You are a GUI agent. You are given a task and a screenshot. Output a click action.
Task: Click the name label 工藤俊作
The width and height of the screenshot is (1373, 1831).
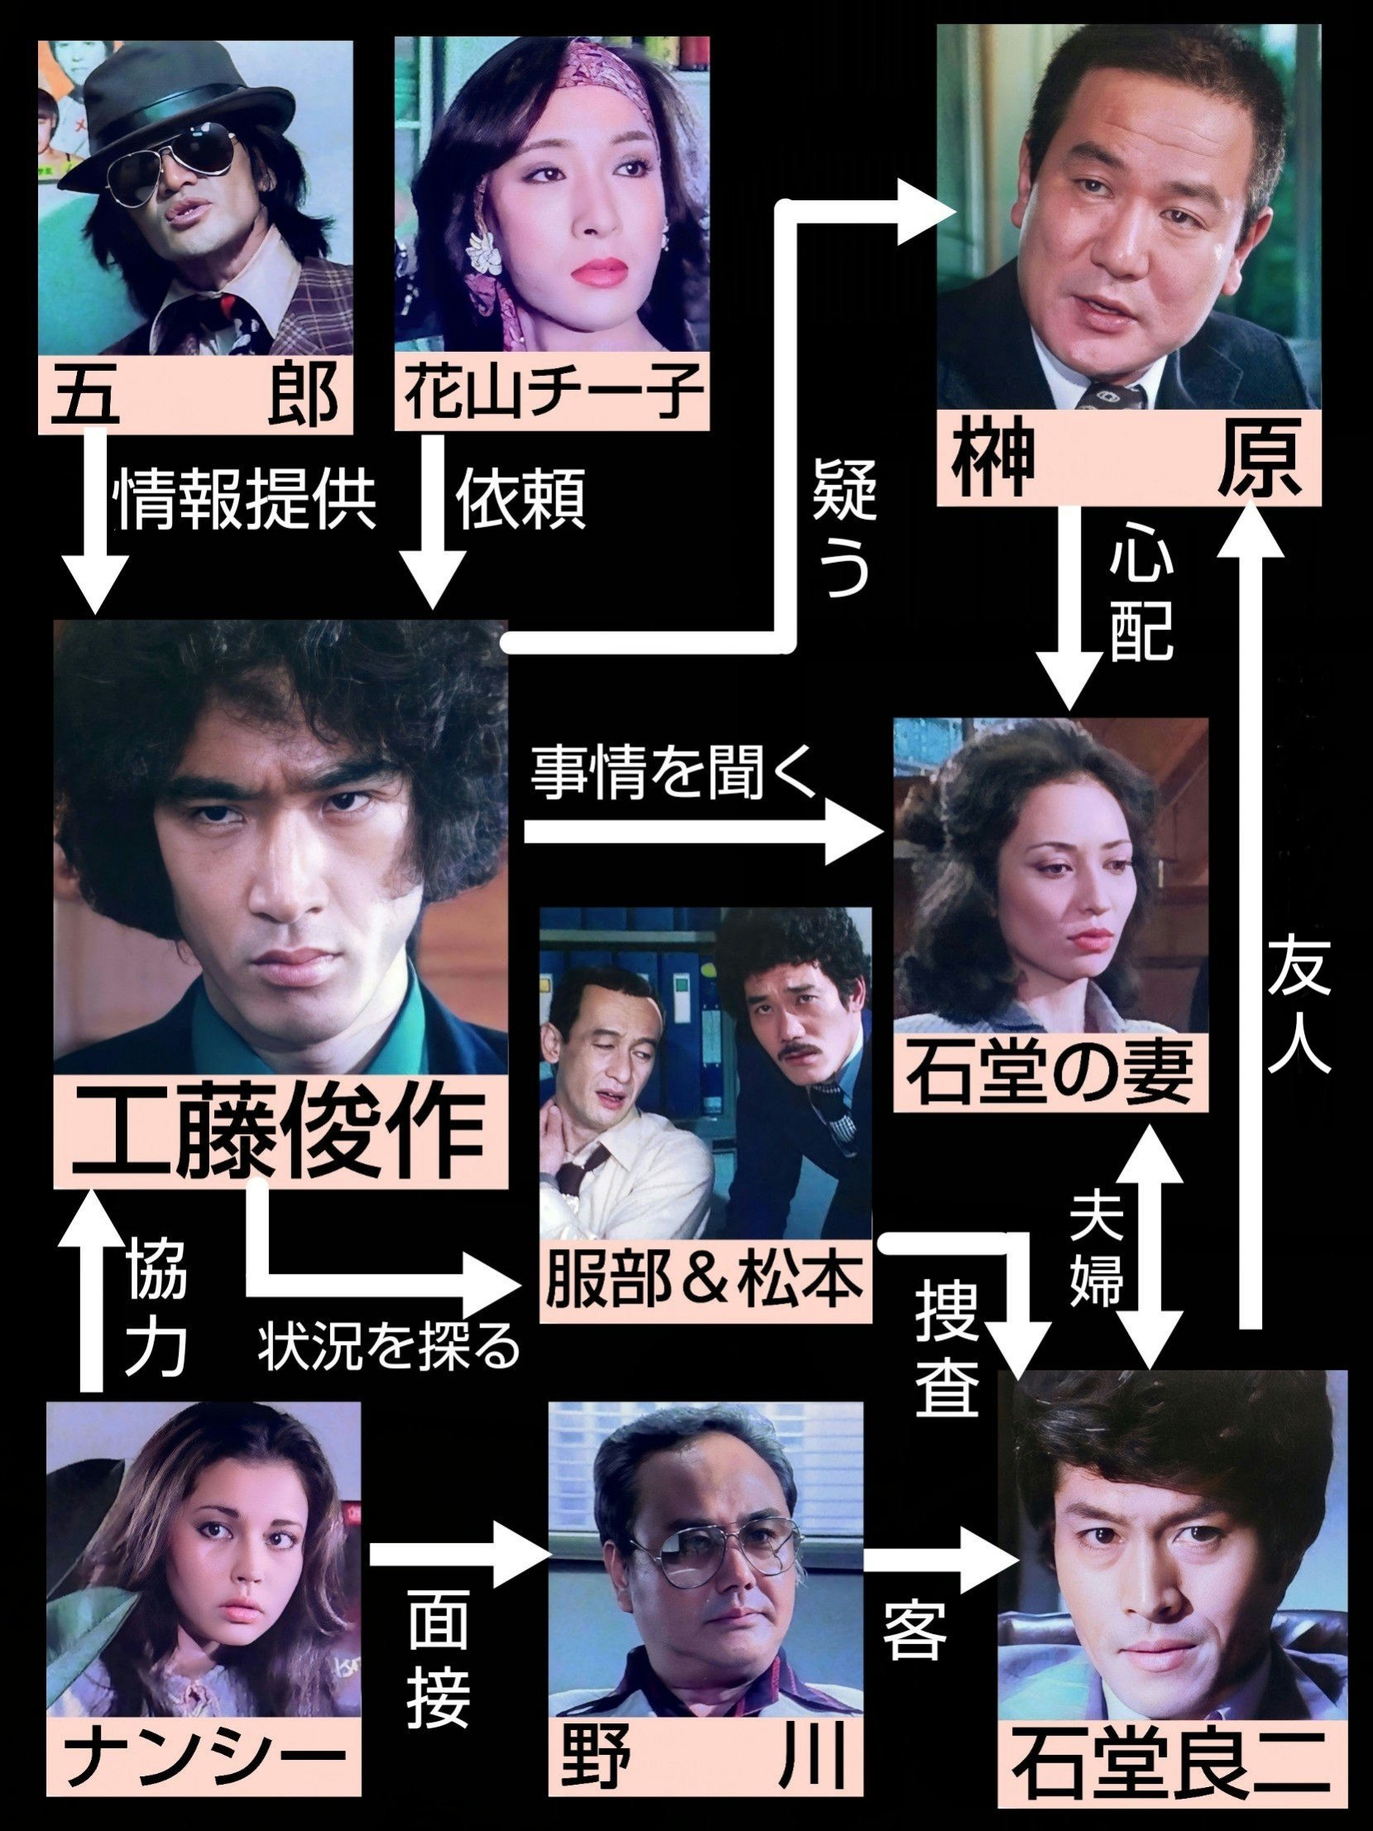[x=280, y=1131]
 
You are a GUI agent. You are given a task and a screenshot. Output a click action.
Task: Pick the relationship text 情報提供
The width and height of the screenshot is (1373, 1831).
[x=246, y=501]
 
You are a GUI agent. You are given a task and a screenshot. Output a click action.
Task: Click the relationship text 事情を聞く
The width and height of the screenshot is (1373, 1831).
[x=674, y=776]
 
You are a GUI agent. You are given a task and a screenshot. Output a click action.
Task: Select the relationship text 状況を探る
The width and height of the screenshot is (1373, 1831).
[x=388, y=1348]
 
